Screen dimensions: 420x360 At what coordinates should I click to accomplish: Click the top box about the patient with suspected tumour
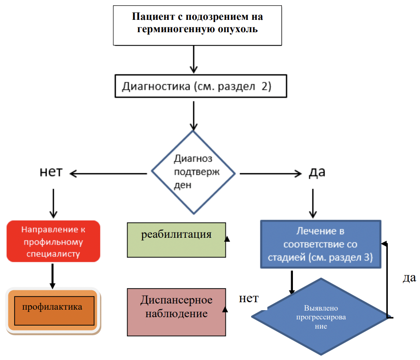(x=197, y=26)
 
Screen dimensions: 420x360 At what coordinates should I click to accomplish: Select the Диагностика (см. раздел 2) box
(x=201, y=86)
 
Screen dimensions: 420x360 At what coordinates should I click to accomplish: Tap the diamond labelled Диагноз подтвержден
(x=193, y=172)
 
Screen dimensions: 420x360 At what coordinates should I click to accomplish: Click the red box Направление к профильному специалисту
(x=53, y=241)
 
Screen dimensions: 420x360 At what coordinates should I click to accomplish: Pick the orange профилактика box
(x=53, y=311)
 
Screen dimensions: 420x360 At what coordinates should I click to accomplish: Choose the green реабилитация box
(x=176, y=240)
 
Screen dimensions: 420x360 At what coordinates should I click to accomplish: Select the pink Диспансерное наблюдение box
(x=176, y=312)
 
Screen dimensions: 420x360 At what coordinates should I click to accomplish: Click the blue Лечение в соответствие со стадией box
(x=321, y=244)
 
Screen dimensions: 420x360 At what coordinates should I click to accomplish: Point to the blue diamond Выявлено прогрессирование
(x=321, y=317)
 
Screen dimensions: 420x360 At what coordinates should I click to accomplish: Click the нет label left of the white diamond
(x=51, y=172)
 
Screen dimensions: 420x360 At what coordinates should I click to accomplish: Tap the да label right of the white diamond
(x=317, y=172)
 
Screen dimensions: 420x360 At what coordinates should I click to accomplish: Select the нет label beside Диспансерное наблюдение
(x=249, y=298)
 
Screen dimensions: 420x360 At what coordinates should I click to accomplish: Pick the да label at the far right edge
(x=409, y=278)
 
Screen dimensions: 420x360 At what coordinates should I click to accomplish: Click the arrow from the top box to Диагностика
(x=194, y=59)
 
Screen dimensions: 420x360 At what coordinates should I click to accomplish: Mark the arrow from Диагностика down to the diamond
(x=194, y=116)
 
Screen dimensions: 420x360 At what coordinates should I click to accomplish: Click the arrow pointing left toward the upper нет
(x=108, y=173)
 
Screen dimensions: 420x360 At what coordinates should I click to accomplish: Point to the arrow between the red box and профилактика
(x=52, y=276)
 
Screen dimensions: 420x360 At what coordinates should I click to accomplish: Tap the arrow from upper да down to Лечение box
(x=313, y=203)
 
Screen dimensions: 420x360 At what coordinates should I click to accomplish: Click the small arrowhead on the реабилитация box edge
(x=227, y=239)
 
